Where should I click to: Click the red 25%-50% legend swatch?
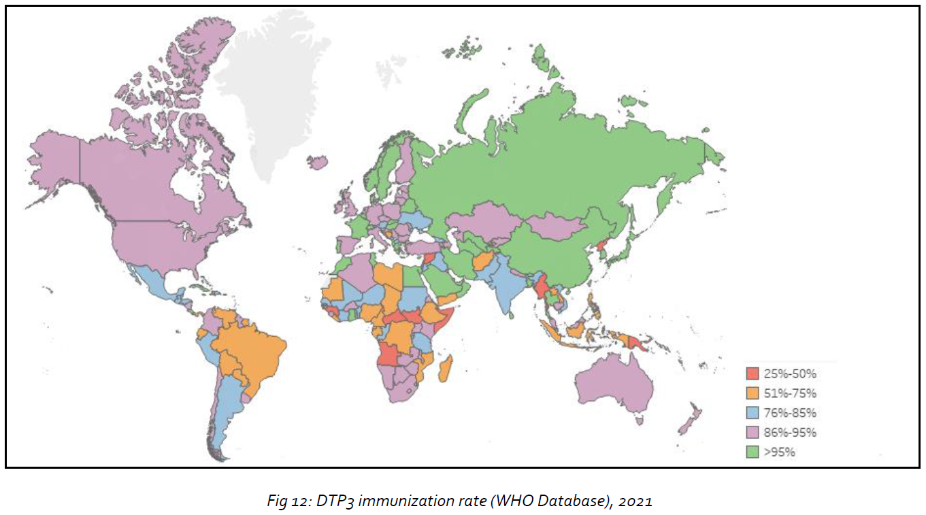click(752, 373)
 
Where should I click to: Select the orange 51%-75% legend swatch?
click(752, 393)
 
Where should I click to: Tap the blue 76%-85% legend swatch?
click(752, 413)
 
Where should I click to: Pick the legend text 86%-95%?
click(790, 433)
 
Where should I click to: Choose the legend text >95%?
click(780, 452)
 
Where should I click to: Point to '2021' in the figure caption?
click(638, 501)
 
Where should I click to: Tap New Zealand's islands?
click(689, 418)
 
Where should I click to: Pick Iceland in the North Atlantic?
click(317, 163)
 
